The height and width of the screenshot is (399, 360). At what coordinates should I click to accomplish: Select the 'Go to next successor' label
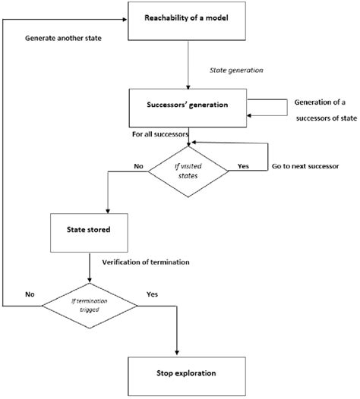(302, 165)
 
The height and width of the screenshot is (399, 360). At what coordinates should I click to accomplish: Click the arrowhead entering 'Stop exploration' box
(176, 350)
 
